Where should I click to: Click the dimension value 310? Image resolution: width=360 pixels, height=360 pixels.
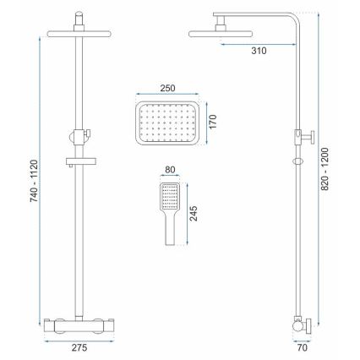point(259,52)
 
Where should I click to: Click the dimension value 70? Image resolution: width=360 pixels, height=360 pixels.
point(301,346)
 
